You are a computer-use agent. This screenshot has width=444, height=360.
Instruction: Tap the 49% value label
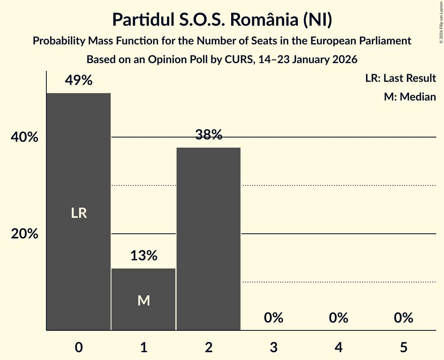[x=79, y=81]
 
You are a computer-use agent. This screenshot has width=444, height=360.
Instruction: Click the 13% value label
[x=143, y=256]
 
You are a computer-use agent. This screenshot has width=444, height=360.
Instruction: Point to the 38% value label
[x=209, y=135]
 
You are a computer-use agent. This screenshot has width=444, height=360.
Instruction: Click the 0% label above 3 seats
[x=273, y=318]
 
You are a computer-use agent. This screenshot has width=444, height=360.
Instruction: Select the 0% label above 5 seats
[x=403, y=318]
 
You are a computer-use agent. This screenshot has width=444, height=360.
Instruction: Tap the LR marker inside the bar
[x=79, y=213]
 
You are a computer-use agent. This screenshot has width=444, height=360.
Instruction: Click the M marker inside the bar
[x=143, y=300]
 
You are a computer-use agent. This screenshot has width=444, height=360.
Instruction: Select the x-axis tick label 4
[x=338, y=347]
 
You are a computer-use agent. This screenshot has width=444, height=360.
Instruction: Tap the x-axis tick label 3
[x=273, y=347]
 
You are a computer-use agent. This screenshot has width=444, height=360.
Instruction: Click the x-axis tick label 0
[x=79, y=347]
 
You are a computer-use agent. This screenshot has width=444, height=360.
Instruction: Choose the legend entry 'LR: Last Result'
[x=400, y=78]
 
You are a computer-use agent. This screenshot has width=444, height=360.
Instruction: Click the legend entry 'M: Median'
[x=410, y=97]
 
